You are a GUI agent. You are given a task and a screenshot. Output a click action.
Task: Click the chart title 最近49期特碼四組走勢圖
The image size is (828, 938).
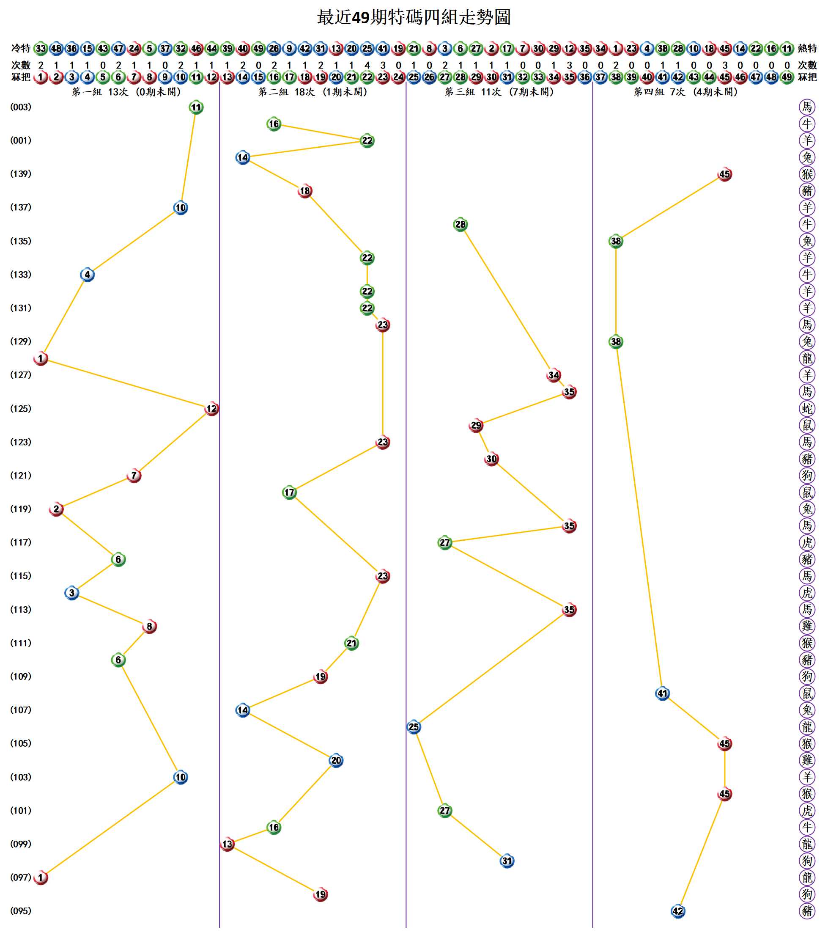point(413,17)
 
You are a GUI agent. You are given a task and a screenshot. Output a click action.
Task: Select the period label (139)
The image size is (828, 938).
point(21,174)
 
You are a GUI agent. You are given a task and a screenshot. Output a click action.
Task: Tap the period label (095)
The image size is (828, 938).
point(21,911)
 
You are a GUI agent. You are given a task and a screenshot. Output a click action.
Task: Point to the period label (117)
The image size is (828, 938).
point(21,542)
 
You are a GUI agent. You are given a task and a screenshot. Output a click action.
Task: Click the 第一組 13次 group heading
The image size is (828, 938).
point(126,92)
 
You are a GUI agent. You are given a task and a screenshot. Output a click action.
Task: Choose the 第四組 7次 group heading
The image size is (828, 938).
point(685,92)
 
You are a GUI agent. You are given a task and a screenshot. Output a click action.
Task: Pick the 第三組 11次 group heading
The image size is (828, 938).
point(499,92)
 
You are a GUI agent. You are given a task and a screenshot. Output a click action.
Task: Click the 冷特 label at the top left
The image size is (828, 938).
point(21,48)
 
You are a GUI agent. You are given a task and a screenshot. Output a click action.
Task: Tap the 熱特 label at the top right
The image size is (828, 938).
point(807,48)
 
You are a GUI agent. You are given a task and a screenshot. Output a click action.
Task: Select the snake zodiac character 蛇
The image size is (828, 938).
point(807,408)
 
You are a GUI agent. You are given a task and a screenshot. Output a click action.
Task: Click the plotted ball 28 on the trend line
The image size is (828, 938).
point(460,224)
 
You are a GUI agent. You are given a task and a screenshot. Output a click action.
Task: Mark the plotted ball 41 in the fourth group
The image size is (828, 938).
point(662,693)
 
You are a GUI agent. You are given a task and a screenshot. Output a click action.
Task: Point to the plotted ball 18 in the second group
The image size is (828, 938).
point(304,191)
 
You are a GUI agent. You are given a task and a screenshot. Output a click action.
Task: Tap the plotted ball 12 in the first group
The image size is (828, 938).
point(211,408)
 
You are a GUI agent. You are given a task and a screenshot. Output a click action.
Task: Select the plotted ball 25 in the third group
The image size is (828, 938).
point(414,727)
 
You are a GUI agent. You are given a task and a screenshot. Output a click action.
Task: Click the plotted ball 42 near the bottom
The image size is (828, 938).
point(678,911)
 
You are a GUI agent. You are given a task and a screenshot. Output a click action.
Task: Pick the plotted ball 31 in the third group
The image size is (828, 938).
point(507,861)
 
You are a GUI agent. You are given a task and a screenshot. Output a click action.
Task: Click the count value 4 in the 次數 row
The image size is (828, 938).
point(367,65)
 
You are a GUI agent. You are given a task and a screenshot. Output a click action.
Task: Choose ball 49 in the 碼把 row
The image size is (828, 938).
point(787,77)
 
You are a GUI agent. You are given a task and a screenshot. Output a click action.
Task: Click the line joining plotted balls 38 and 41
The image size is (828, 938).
point(639,517)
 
